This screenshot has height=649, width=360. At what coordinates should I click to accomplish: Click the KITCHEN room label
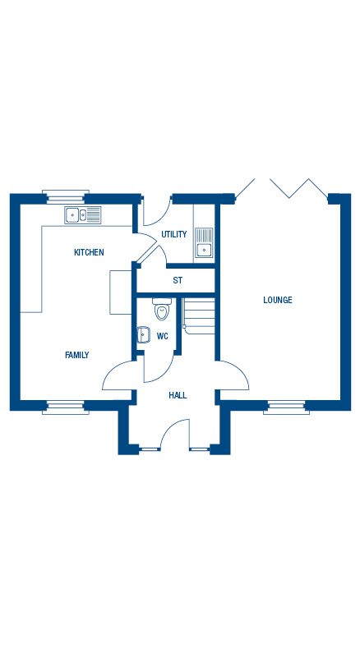[x=89, y=252]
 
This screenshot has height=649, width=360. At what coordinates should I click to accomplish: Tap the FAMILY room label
[x=77, y=355]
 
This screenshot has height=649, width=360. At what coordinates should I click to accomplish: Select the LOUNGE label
[x=278, y=300]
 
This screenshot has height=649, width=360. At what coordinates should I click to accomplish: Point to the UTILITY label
[x=174, y=234]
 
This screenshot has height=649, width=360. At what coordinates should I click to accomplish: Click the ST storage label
[x=178, y=280]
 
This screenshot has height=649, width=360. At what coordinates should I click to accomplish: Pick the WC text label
[x=163, y=336]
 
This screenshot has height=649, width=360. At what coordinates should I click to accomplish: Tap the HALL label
[x=178, y=395]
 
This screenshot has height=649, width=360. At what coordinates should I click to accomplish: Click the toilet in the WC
[x=162, y=309]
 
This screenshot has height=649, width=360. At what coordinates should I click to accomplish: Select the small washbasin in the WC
[x=144, y=334]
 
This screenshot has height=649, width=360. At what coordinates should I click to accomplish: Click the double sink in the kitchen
[x=83, y=214]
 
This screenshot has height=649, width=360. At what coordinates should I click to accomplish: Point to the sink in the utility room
[x=204, y=242]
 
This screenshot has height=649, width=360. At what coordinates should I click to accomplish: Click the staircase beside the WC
[x=199, y=316]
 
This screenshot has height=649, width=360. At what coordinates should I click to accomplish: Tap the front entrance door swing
[x=175, y=435]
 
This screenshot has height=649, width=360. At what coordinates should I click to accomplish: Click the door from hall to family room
[x=118, y=375]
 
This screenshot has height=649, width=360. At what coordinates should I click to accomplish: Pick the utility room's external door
[x=158, y=212]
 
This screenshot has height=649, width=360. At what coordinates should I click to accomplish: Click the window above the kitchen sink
[x=66, y=197]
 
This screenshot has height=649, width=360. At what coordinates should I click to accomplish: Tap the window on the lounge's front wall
[x=286, y=407]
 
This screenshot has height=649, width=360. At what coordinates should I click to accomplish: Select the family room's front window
[x=66, y=407]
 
